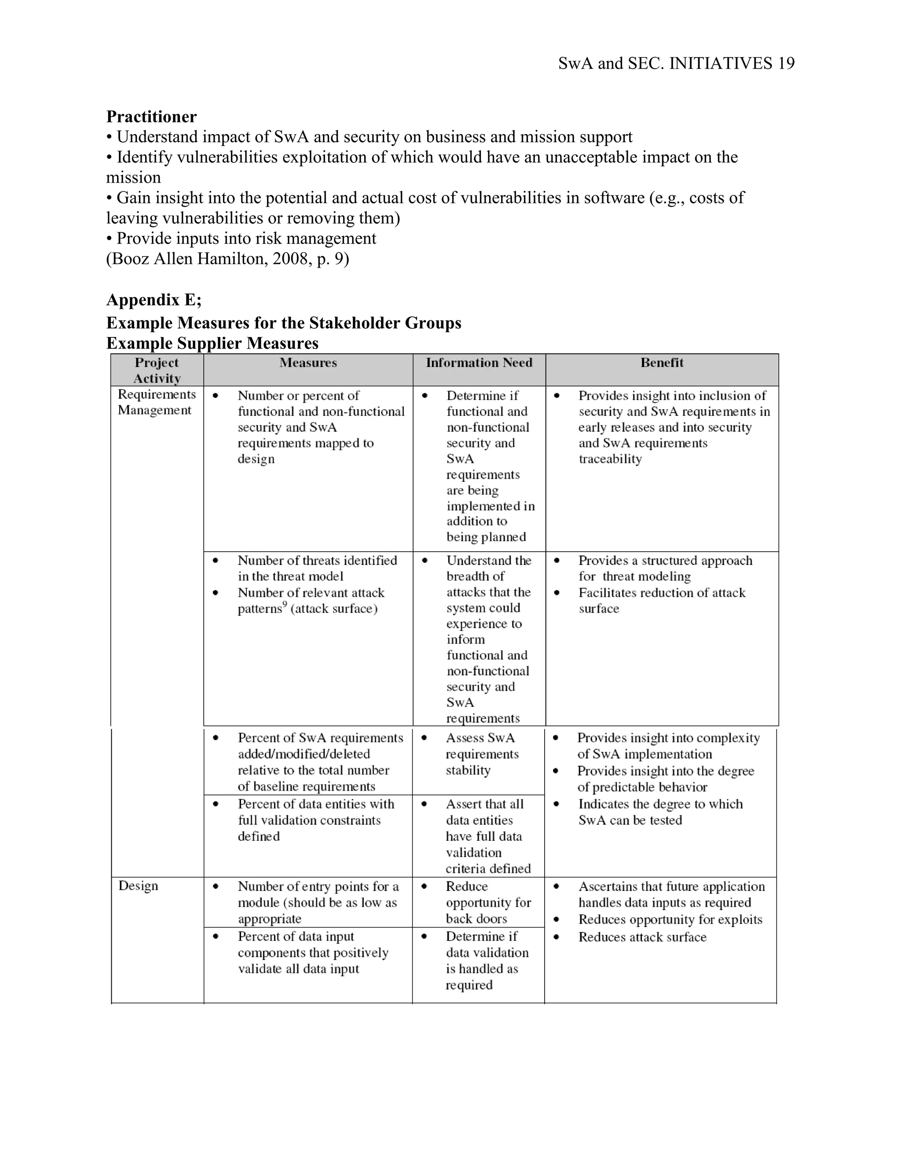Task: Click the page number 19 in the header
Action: [x=786, y=63]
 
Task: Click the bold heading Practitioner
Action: [x=152, y=117]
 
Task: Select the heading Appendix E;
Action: [x=154, y=300]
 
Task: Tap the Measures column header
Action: [x=308, y=363]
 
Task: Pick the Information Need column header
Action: [x=479, y=363]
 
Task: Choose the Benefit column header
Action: [x=662, y=363]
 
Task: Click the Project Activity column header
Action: [x=157, y=370]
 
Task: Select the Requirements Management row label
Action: [x=156, y=402]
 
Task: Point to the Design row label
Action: [x=138, y=886]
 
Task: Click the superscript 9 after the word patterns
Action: [x=285, y=605]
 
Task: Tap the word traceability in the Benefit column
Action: [x=610, y=459]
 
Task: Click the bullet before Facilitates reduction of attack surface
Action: [x=556, y=593]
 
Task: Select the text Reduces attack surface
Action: [x=642, y=937]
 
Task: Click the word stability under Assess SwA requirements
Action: [x=468, y=770]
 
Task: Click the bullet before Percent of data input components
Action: [x=216, y=936]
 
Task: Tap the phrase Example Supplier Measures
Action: [x=212, y=343]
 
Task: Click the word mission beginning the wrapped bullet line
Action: [x=133, y=178]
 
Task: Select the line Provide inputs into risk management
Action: [x=246, y=238]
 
